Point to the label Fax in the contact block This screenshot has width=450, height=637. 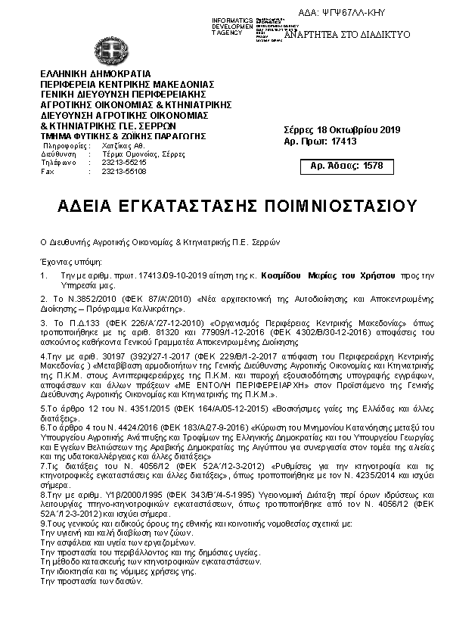48,171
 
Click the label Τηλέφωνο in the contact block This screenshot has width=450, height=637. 56,163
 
